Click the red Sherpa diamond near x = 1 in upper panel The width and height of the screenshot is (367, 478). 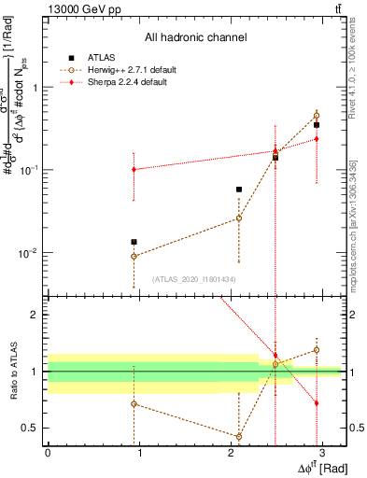pos(134,170)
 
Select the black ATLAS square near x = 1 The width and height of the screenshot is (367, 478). pos(134,242)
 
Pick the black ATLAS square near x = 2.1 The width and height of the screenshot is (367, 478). pos(239,190)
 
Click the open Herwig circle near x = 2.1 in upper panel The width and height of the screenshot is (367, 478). pos(239,218)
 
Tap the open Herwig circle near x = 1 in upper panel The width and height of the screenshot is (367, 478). pos(134,256)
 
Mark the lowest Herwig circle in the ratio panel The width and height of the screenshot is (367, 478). pos(239,436)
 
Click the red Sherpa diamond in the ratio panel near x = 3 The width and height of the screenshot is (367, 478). pos(317,403)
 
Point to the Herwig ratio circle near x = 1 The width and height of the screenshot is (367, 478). pos(134,404)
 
